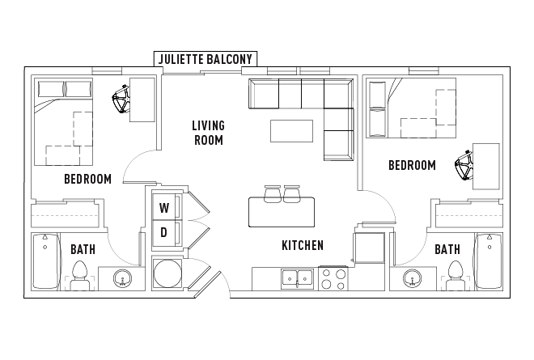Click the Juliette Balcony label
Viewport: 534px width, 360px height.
[x=206, y=59]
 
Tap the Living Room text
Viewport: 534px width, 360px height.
[x=208, y=133]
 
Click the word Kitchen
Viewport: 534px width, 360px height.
[x=303, y=245]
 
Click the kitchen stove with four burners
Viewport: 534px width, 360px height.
[x=333, y=278]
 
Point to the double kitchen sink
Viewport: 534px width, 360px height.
[x=297, y=279]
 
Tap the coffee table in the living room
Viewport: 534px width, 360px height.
[x=291, y=131]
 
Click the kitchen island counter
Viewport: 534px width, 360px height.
[x=282, y=212]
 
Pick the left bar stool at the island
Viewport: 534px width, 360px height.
[x=273, y=194]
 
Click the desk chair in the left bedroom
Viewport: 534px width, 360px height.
[x=121, y=99]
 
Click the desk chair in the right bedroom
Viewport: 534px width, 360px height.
[x=464, y=165]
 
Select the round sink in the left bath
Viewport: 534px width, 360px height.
[x=123, y=278]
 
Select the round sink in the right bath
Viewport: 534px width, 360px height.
[x=412, y=278]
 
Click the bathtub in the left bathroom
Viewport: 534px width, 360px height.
[x=46, y=261]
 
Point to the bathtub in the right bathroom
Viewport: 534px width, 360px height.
[x=489, y=261]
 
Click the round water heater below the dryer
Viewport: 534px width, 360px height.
[x=167, y=273]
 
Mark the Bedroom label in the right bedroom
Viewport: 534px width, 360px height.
[x=412, y=165]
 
